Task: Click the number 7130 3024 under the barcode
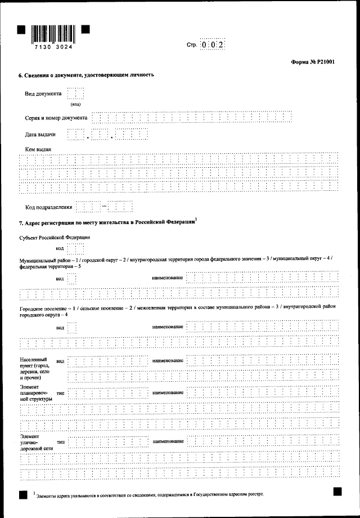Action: point(53,48)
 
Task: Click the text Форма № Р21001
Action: point(313,62)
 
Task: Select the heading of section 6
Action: point(87,75)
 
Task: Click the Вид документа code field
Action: point(75,93)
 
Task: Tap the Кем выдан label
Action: point(38,149)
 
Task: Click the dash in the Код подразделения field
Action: point(104,207)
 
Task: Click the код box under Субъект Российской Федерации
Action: point(75,248)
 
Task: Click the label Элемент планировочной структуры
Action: point(36,393)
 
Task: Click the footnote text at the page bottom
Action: point(148,494)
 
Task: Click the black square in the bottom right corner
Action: point(337,492)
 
